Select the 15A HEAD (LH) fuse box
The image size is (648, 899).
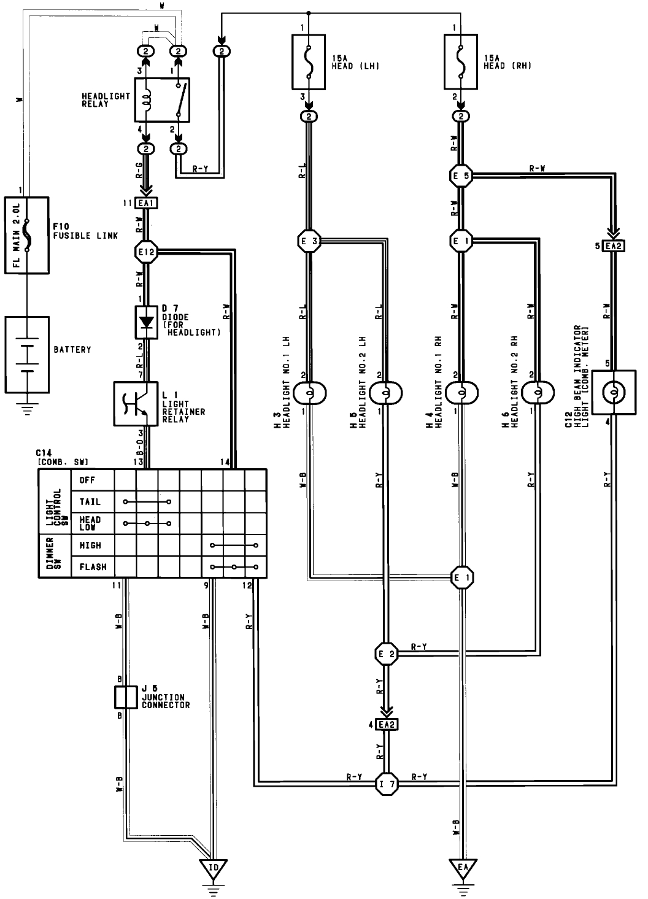pos(311,61)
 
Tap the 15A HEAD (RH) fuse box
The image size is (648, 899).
pos(464,61)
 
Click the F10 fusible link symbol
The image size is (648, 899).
pos(26,235)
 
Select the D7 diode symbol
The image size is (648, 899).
pos(146,322)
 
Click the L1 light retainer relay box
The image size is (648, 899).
pos(136,404)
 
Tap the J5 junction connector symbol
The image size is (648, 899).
pos(125,697)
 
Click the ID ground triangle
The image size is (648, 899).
pos(211,868)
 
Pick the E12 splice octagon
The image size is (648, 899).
pos(146,250)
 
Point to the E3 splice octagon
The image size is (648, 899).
pos(309,241)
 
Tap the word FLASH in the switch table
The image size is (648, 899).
pos(93,567)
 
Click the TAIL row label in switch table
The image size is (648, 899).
pos(90,502)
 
